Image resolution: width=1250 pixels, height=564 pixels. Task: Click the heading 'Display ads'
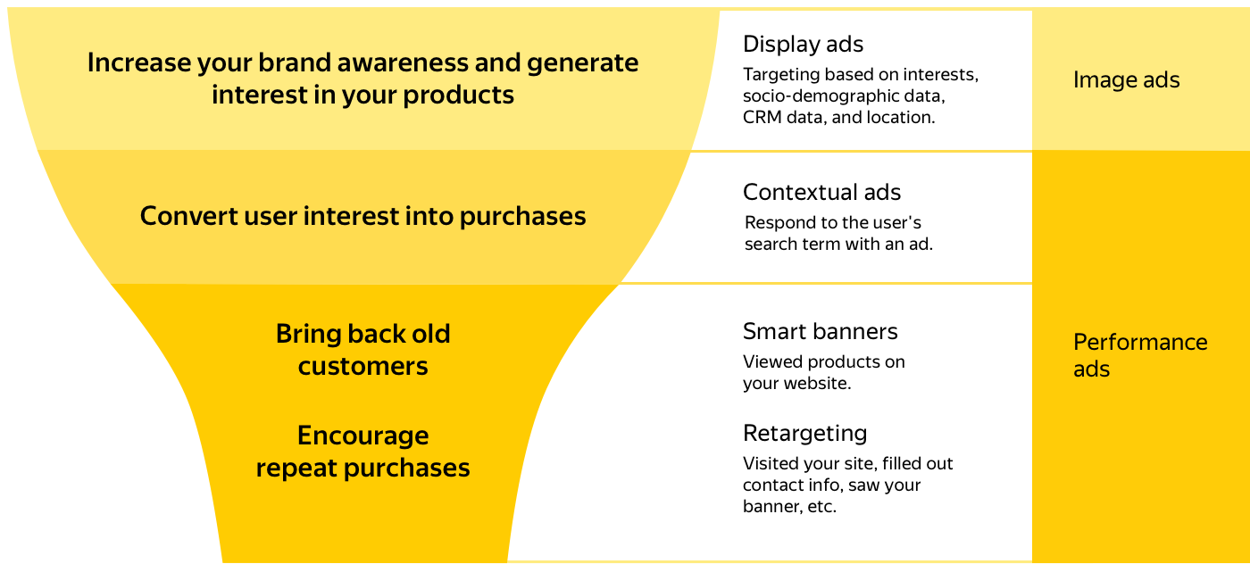pos(803,44)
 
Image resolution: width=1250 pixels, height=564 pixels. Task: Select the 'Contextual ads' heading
pos(821,192)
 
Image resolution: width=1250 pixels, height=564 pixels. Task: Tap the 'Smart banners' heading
pos(820,331)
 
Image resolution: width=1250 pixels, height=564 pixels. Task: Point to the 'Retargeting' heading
pos(804,434)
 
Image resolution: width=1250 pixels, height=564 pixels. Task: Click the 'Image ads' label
pos(1126,79)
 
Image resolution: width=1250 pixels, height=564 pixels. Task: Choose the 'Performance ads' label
pos(1140,355)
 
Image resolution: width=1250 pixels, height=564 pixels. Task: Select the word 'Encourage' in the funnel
pos(362,436)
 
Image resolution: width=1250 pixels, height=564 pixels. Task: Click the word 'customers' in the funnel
pos(362,367)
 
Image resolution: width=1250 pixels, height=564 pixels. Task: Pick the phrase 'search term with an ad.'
pos(838,245)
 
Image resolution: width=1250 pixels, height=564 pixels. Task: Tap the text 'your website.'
pos(796,384)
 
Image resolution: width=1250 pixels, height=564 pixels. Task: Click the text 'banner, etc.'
pos(789,507)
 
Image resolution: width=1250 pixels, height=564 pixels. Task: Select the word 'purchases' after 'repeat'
pos(406,469)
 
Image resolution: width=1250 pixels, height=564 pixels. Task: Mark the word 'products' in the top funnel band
pos(458,95)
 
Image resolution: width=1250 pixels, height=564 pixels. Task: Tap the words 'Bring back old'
pos(362,334)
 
